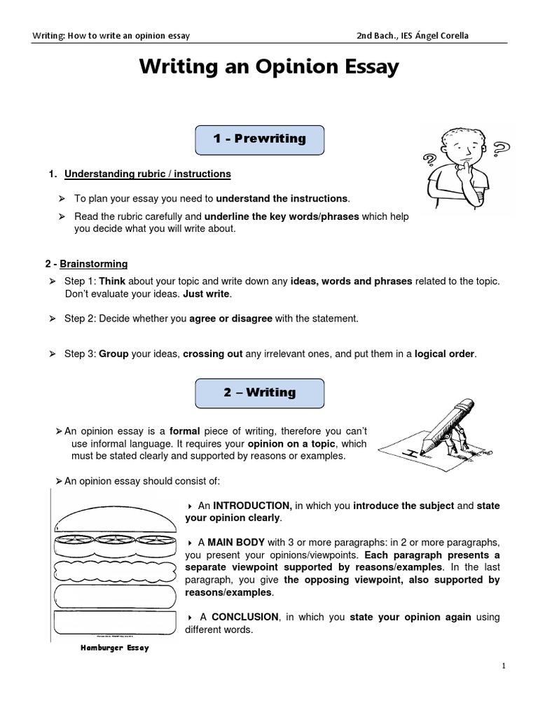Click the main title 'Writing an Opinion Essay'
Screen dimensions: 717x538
pos(269,67)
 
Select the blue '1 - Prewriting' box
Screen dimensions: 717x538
pos(259,139)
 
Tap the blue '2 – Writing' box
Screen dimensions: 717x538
pos(259,393)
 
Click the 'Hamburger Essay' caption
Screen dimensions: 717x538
pos(113,648)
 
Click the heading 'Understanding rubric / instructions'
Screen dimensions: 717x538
pos(147,174)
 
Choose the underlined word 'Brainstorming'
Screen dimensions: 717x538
pos(94,264)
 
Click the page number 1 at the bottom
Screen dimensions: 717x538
pos(504,666)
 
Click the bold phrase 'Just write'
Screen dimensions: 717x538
pos(206,293)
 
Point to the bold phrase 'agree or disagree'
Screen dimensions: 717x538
pos(230,319)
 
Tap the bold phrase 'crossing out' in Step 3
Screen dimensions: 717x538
pos(212,354)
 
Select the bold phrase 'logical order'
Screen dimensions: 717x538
pos(445,354)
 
